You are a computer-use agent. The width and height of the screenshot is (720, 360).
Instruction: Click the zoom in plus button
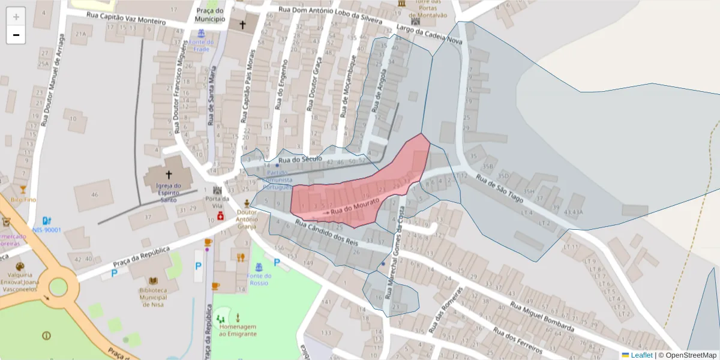pyautogui.click(x=16, y=17)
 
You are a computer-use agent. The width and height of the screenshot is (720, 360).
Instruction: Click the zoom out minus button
pyautogui.click(x=16, y=35)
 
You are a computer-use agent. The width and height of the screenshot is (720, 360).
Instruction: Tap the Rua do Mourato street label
pyautogui.click(x=355, y=208)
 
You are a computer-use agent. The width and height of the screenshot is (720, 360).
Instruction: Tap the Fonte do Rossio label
pyautogui.click(x=259, y=280)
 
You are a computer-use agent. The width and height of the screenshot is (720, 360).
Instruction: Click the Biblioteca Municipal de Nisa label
pyautogui.click(x=152, y=297)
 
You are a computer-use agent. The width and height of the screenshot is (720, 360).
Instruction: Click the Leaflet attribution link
pyautogui.click(x=641, y=355)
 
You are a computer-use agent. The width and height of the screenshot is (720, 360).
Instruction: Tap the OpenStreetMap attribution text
pyautogui.click(x=687, y=355)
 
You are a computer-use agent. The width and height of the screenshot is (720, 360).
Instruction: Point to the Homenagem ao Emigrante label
pyautogui.click(x=238, y=329)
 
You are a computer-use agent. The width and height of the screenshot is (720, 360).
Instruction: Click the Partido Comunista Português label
pyautogui.click(x=276, y=179)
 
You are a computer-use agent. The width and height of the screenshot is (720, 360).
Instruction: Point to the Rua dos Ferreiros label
pyautogui.click(x=517, y=340)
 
